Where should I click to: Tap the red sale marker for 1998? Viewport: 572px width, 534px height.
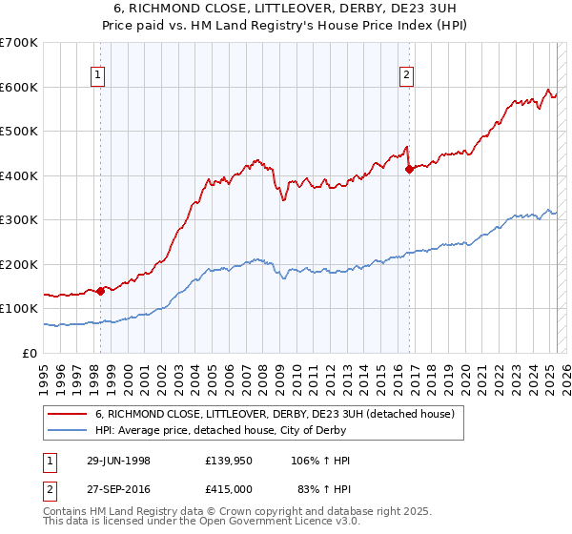point(100,291)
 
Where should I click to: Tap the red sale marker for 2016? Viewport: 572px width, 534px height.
point(409,169)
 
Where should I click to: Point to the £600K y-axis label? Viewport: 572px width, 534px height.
point(19,87)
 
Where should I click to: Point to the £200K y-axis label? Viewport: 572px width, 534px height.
point(19,264)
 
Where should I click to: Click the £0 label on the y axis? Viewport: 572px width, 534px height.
point(31,353)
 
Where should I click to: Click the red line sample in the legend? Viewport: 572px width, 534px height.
point(67,414)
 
